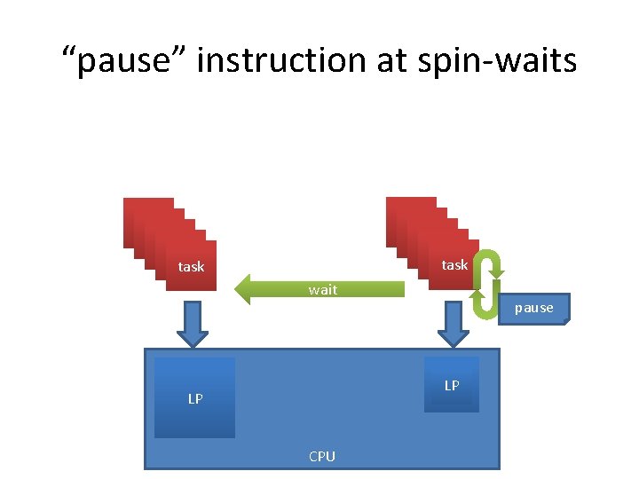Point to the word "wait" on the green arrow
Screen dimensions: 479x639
click(x=322, y=290)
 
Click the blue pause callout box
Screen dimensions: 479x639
click(x=533, y=308)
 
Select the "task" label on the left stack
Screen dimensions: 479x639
click(x=191, y=266)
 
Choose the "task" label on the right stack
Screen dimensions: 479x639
click(x=454, y=264)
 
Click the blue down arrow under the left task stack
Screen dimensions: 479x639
click(x=192, y=324)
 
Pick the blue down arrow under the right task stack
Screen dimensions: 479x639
click(x=454, y=324)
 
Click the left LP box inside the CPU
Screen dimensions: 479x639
click(x=194, y=397)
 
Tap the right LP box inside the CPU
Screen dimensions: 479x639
click(x=452, y=384)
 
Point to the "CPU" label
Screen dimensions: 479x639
click(x=322, y=456)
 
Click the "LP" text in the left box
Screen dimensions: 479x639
click(x=195, y=399)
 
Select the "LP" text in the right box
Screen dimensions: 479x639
click(x=452, y=385)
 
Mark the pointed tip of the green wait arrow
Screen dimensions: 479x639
click(x=237, y=289)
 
